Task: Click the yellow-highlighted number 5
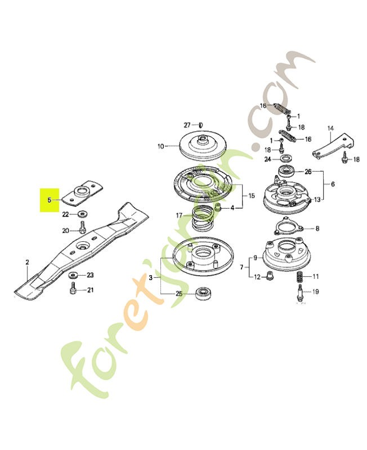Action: pyautogui.click(x=50, y=200)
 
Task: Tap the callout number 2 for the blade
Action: pyautogui.click(x=27, y=262)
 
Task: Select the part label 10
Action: pyautogui.click(x=160, y=146)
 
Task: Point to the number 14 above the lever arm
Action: pyautogui.click(x=330, y=128)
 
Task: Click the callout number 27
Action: pyautogui.click(x=187, y=125)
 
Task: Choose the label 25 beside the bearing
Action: pyautogui.click(x=179, y=294)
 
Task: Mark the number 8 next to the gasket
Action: pyautogui.click(x=317, y=228)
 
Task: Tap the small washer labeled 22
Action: pyautogui.click(x=83, y=214)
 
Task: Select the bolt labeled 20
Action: pyautogui.click(x=82, y=227)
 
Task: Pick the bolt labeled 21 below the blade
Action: pyautogui.click(x=73, y=289)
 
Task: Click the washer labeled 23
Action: pyautogui.click(x=73, y=276)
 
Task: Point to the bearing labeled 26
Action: pyautogui.click(x=286, y=171)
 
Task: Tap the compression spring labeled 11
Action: pyautogui.click(x=300, y=277)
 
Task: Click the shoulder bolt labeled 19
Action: pyautogui.click(x=301, y=292)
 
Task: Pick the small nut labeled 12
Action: pyautogui.click(x=269, y=276)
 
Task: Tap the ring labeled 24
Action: pyautogui.click(x=285, y=159)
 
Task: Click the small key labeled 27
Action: pyautogui.click(x=201, y=125)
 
